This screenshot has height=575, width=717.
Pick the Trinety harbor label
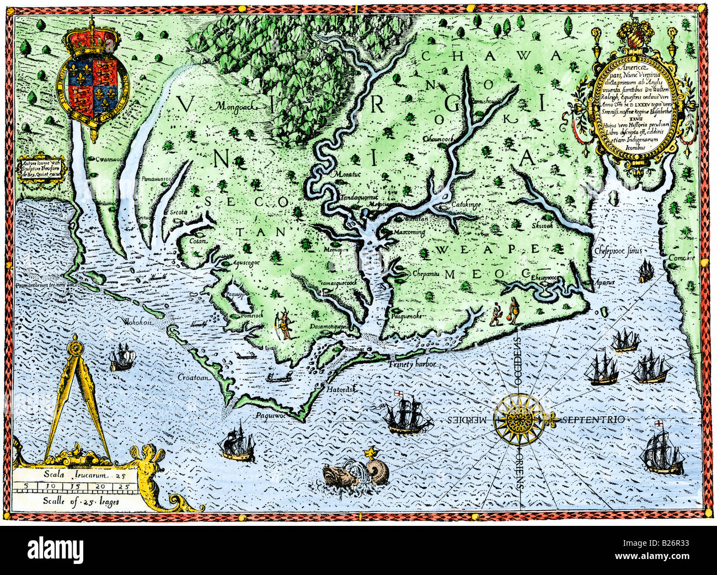coord(412,365)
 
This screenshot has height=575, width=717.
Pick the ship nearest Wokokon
coord(121,357)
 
